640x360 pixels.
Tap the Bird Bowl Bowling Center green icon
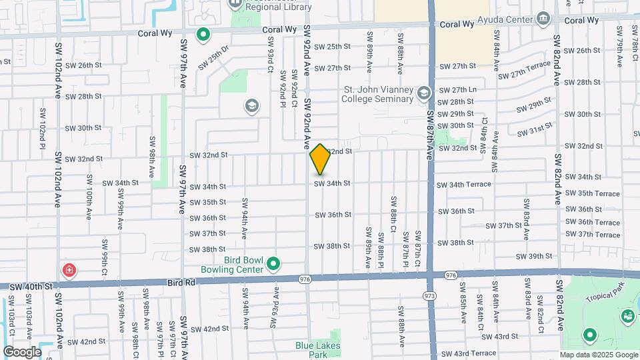(x=273, y=265)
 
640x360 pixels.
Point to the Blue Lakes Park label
(x=318, y=350)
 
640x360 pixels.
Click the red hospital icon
(x=69, y=270)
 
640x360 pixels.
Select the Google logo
(x=22, y=352)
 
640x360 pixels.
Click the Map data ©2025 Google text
(x=599, y=355)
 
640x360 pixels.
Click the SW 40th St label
(x=30, y=286)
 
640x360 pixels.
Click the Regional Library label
(x=278, y=7)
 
